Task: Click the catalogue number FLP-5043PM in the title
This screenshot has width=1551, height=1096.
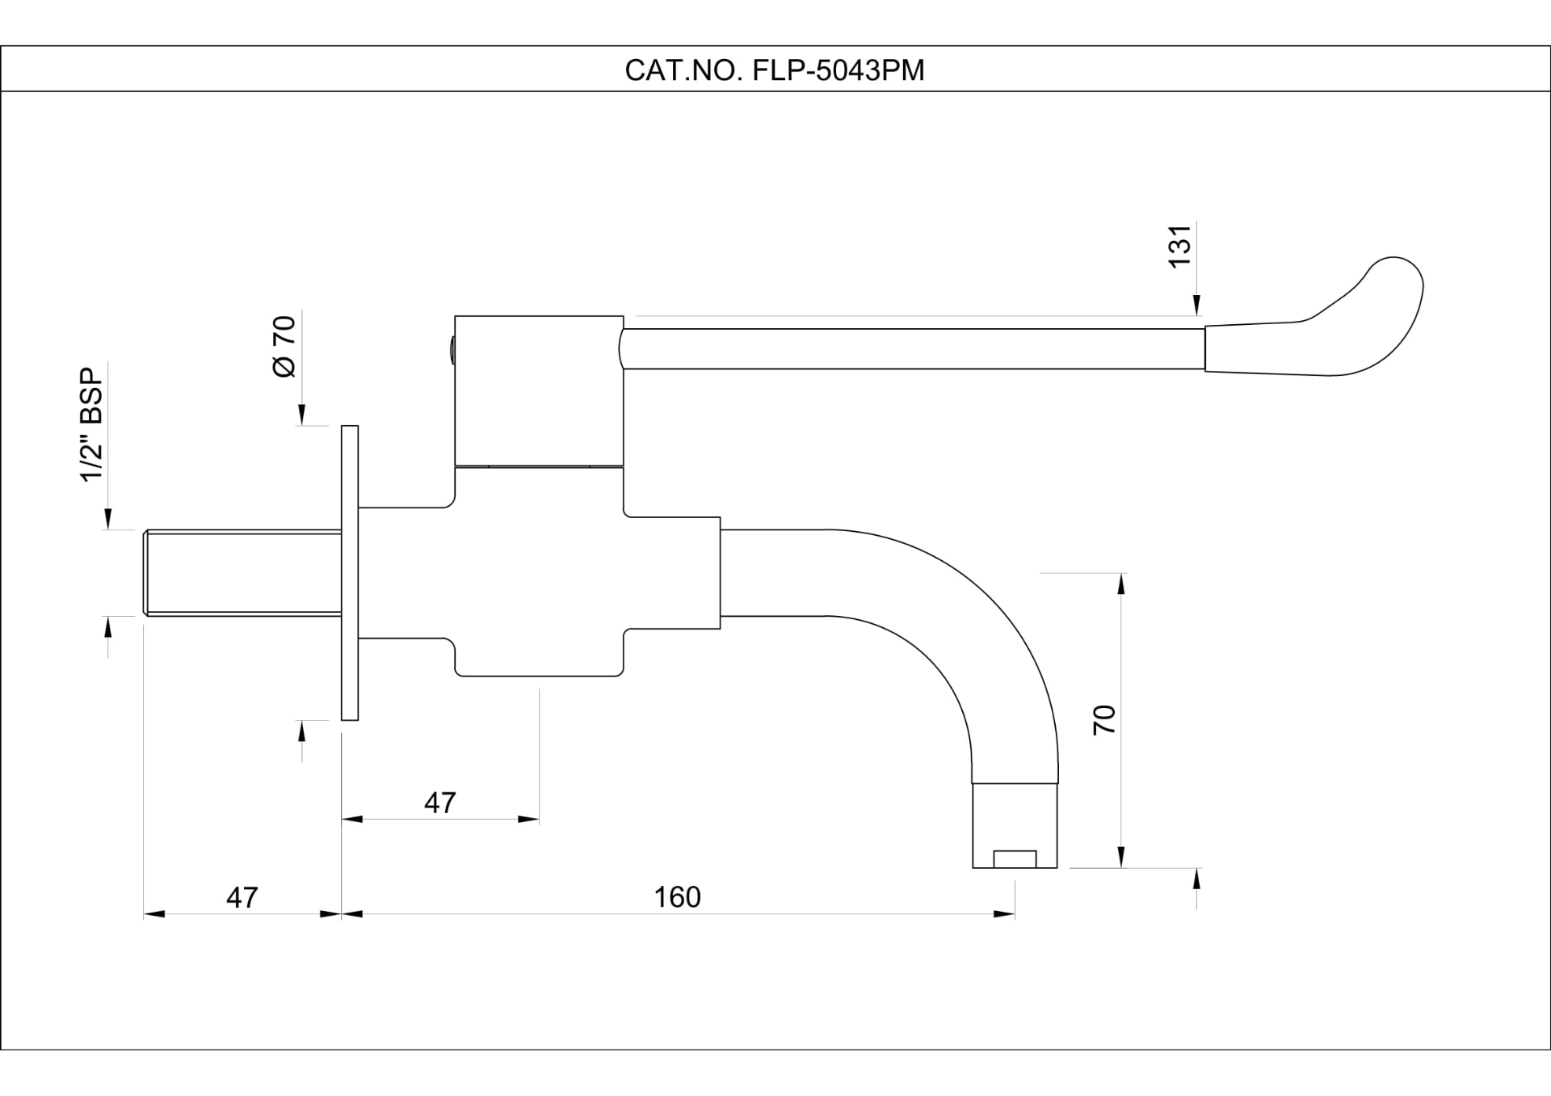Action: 838,71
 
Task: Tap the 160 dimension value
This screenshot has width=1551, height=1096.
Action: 677,897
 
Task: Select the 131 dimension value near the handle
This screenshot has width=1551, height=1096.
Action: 1180,247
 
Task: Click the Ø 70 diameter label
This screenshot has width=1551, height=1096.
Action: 284,347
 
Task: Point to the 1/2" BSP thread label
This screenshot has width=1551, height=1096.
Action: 91,425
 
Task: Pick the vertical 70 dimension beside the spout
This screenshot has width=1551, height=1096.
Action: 1104,719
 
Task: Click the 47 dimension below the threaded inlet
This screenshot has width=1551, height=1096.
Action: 242,897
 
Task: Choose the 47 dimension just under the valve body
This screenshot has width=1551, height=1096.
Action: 439,803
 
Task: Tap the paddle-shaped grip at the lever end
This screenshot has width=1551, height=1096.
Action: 1341,327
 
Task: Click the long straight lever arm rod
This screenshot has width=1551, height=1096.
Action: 913,348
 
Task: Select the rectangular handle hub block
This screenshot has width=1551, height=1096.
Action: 539,390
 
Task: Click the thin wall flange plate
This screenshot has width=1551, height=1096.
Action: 350,572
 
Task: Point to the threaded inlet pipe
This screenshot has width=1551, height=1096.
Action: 242,572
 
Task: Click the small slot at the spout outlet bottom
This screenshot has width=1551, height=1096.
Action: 1015,859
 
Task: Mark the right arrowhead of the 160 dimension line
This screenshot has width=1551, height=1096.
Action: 1005,914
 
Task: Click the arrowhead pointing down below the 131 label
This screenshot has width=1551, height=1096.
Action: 1196,306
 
